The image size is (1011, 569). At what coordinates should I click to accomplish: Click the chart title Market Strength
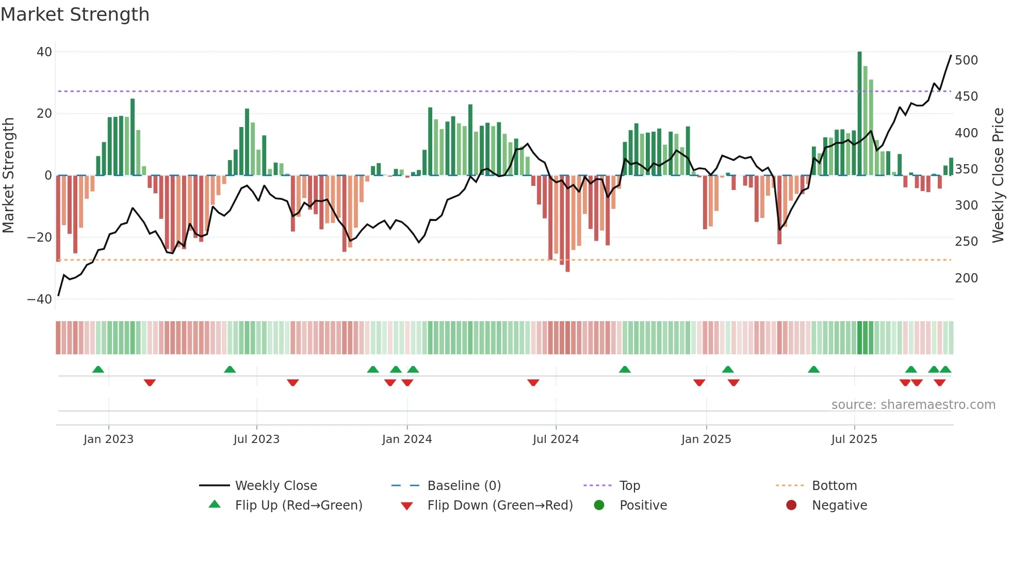[x=75, y=14]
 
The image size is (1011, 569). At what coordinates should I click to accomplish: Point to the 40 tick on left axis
[x=44, y=52]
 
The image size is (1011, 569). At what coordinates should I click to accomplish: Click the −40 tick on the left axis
[x=40, y=299]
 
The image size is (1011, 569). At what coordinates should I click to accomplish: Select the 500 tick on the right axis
[x=966, y=60]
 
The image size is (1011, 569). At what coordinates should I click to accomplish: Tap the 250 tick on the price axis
[x=966, y=242]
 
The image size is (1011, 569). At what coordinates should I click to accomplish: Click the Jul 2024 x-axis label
[x=556, y=439]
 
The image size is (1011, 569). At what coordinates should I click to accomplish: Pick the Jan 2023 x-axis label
[x=108, y=439]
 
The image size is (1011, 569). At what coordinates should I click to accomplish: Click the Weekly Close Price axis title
[x=998, y=176]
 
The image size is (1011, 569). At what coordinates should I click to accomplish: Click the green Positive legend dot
[x=599, y=505]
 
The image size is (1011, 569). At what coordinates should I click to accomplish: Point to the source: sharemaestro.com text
[x=913, y=405]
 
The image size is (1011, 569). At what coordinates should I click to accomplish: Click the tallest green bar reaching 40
[x=859, y=114]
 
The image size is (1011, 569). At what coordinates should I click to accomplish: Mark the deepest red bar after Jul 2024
[x=567, y=223]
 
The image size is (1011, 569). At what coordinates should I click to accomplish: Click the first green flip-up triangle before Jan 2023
[x=98, y=369]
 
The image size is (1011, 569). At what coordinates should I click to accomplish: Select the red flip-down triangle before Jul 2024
[x=533, y=383]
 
